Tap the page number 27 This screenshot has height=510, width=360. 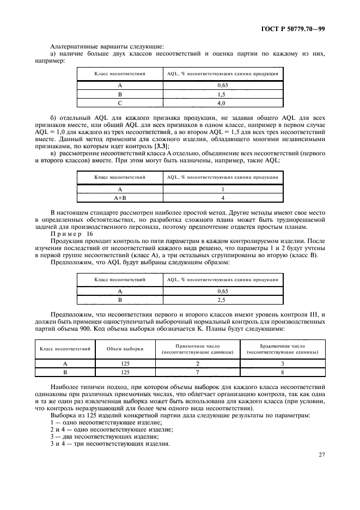coord(321,454)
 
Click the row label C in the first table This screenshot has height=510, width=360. coord(120,102)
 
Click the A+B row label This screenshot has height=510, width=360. coord(120,198)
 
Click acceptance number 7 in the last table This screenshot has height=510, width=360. coord(198,372)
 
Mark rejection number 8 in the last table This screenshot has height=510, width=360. coord(282,372)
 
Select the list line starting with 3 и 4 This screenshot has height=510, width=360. coord(109,444)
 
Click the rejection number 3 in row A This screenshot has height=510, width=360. coord(282,363)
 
